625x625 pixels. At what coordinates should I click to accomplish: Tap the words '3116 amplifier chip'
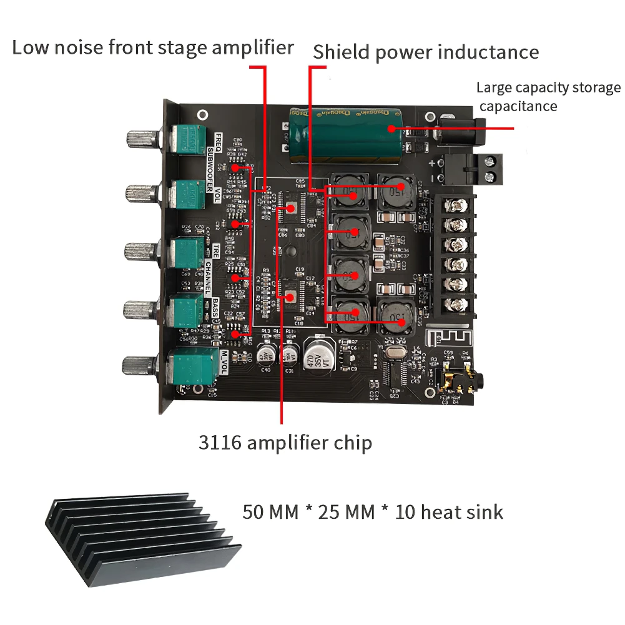point(285,443)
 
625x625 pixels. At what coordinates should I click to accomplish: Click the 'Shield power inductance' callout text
point(425,52)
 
